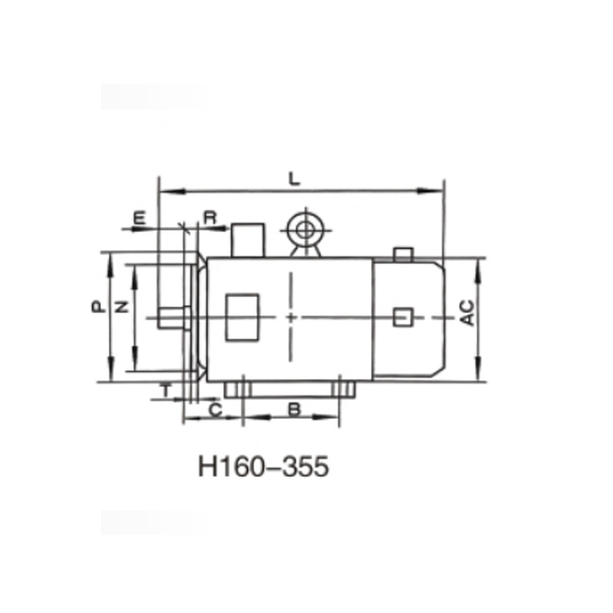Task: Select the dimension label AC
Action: point(467,313)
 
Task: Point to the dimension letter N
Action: point(120,306)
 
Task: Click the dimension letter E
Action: point(139,218)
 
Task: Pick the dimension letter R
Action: point(211,218)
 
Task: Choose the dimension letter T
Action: point(165,389)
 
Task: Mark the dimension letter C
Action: point(215,411)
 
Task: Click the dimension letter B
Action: point(293,410)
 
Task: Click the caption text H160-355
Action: point(264,466)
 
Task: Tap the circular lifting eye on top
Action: point(304,229)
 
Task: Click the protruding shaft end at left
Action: point(169,318)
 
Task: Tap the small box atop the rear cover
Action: point(403,254)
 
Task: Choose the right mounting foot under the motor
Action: point(344,389)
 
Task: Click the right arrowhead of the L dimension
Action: point(440,189)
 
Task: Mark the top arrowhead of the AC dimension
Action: point(479,263)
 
